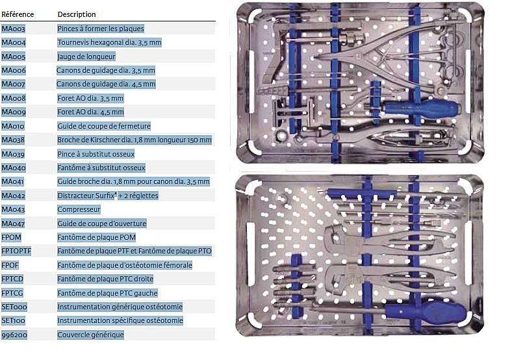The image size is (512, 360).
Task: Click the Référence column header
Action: coord(18,14)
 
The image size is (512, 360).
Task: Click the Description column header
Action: coord(77,14)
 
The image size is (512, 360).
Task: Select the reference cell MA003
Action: coord(14,29)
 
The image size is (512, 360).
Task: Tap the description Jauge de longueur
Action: coord(86,57)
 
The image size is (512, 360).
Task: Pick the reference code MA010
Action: coord(13,126)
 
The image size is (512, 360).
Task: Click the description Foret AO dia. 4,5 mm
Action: coord(90,112)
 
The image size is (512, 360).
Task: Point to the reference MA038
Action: coord(13,140)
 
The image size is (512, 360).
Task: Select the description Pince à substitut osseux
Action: coord(96,154)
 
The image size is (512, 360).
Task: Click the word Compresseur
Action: coord(79,209)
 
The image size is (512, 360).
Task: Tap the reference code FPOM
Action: coord(12,237)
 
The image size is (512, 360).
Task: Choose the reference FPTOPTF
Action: coord(16,251)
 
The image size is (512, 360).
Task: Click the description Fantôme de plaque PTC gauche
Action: coord(107,293)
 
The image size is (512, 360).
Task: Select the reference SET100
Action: coord(14,320)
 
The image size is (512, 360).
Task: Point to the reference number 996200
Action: coord(14,335)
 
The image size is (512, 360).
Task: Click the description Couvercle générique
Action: coord(91,335)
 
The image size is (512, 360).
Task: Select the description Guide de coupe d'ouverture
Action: coord(102,224)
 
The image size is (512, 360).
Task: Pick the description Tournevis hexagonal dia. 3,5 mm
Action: coord(109,42)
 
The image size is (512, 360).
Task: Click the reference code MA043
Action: coord(13,209)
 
